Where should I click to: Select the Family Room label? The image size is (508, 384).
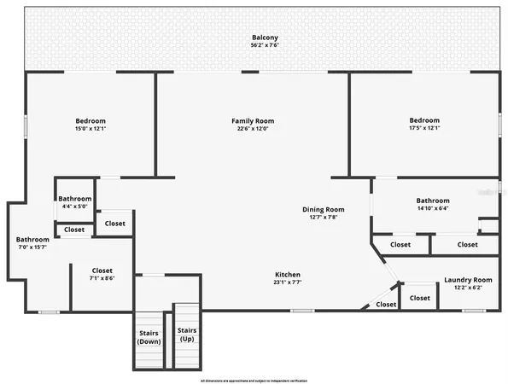coord(253,121)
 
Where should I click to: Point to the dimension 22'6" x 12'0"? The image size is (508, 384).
coord(253,130)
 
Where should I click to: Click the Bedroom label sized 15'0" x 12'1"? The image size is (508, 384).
coord(90,121)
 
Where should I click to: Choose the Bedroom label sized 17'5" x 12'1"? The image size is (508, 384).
coord(424,120)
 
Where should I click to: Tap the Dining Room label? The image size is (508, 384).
coord(323,209)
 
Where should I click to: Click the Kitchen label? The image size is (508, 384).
coord(288,274)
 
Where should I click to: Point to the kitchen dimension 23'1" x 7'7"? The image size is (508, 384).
coord(288,282)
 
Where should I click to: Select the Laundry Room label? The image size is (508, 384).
coord(468,280)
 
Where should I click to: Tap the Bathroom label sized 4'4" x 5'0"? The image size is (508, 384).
coord(74,198)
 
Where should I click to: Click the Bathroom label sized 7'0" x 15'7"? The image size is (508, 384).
coord(32,240)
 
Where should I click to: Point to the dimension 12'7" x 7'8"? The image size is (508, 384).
coord(323,218)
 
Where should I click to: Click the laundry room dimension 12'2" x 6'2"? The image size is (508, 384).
coord(468,288)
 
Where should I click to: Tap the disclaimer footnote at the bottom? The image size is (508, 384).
coord(254,380)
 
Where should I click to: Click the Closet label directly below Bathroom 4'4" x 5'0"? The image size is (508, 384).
coord(74,230)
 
